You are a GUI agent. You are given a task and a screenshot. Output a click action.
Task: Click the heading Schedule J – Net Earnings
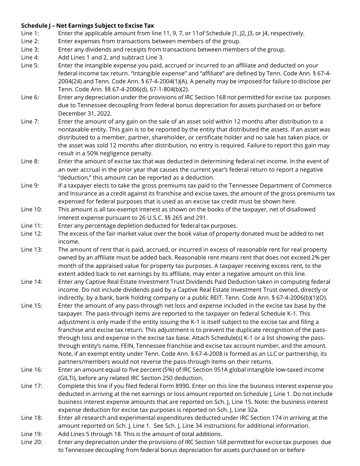tap(87, 25)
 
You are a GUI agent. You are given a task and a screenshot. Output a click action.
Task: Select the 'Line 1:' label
tap(30, 33)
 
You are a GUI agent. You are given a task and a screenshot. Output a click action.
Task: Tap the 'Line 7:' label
tap(30, 121)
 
